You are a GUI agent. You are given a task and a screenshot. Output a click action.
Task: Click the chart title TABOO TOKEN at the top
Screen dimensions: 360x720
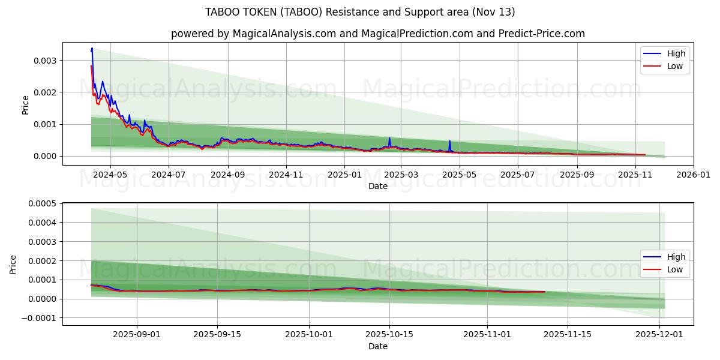tap(360, 12)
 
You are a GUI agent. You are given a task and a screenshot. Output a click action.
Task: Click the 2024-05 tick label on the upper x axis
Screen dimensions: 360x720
tap(110, 175)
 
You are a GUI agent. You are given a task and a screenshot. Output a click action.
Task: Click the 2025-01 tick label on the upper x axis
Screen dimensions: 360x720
tap(344, 175)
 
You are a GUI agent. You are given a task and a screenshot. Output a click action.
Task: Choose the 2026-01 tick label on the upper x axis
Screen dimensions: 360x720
tap(694, 175)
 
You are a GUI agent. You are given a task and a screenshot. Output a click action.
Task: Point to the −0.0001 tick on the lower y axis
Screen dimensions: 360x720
tap(40, 317)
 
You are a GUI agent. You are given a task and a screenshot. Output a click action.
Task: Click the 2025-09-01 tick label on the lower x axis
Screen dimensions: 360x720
tap(137, 335)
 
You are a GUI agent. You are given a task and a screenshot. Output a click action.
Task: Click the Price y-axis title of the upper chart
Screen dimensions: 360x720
tap(25, 104)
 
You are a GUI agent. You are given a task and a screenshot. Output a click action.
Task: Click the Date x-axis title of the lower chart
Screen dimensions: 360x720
tap(378, 346)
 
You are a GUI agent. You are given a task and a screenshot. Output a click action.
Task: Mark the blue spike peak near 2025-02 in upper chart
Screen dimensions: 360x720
tap(389, 138)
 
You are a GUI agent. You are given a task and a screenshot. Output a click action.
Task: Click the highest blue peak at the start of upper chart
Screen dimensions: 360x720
tap(92, 49)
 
